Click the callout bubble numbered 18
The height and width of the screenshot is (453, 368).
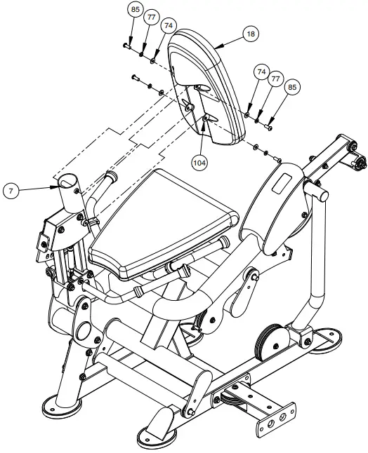pyautogui.click(x=250, y=33)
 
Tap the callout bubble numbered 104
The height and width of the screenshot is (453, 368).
pyautogui.click(x=201, y=161)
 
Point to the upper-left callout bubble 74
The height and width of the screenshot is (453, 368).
pyautogui.click(x=167, y=25)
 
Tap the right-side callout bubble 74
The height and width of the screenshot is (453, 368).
pyautogui.click(x=261, y=72)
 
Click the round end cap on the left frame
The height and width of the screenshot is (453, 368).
pyautogui.click(x=81, y=331)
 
